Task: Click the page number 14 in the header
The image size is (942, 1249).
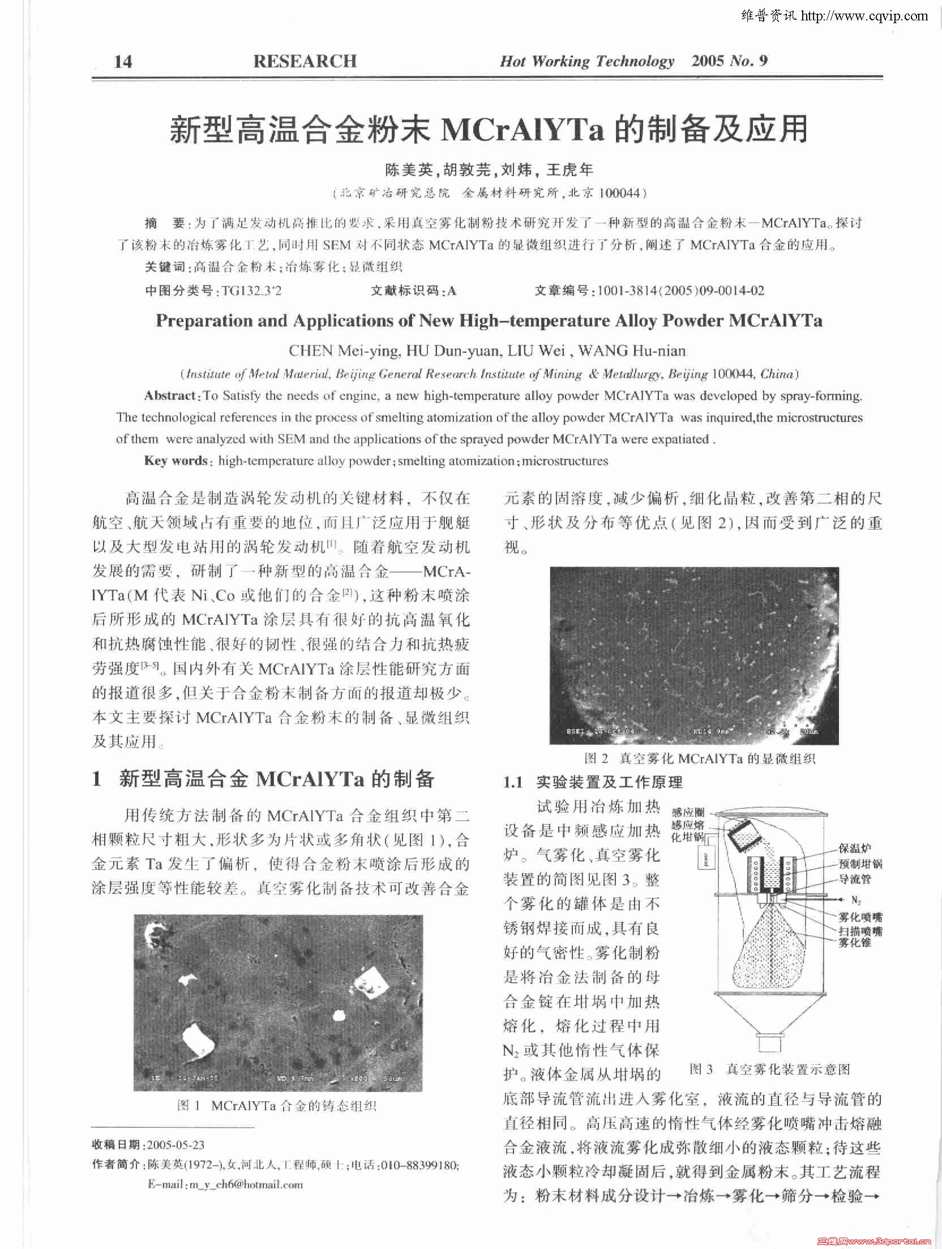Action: tap(123, 61)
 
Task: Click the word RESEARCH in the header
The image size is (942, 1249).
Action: tap(305, 61)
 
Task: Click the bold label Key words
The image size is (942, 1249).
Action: tap(176, 461)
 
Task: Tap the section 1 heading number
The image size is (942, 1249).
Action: tap(97, 779)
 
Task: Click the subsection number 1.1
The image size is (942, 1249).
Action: tap(513, 783)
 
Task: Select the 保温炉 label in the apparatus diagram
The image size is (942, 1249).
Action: tap(855, 849)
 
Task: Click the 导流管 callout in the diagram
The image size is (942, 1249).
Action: tap(855, 879)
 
